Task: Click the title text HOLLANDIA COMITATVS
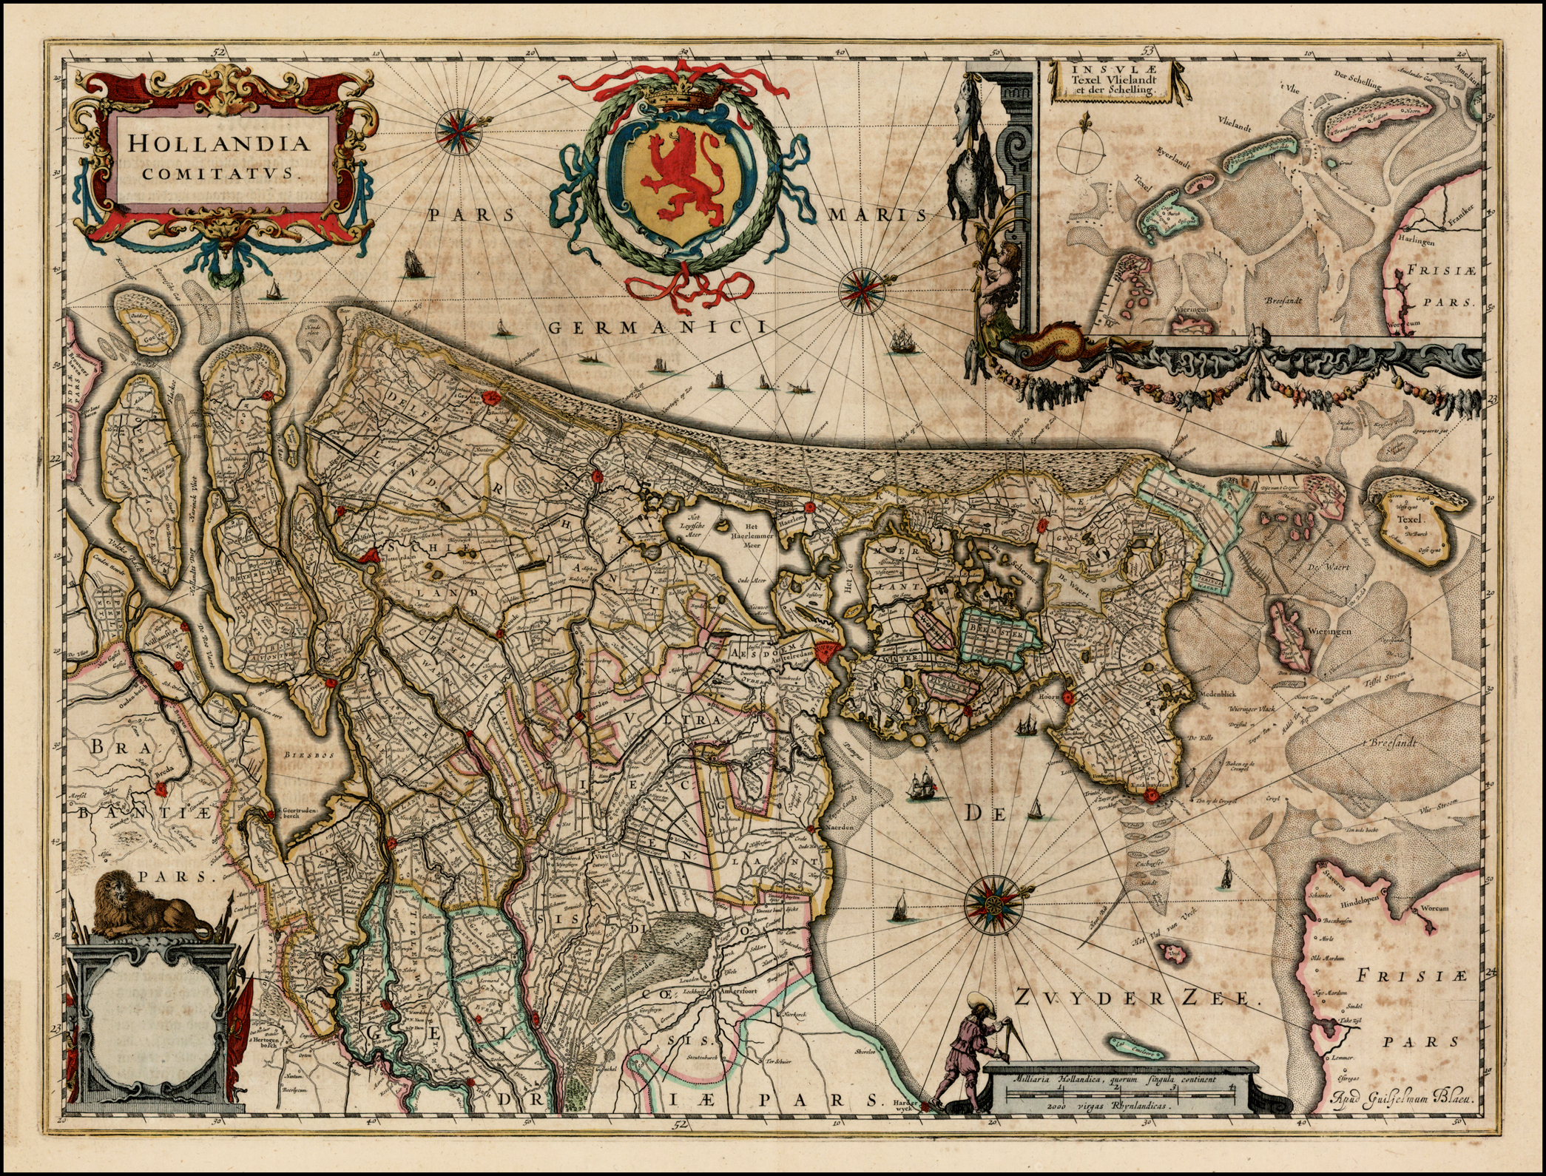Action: [217, 155]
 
